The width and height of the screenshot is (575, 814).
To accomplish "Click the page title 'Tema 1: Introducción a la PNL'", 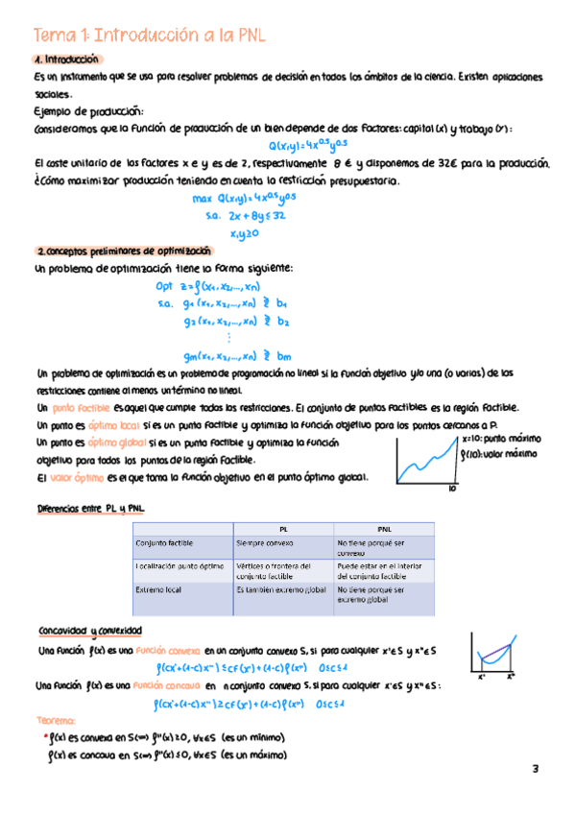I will (149, 36).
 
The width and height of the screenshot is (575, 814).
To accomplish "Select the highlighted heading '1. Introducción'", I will (66, 60).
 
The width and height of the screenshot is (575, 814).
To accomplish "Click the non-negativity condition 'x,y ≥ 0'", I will (246, 233).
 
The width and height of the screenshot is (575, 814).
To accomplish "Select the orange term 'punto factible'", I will (85, 407).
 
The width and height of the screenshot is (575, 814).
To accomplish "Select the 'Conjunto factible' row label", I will (166, 544).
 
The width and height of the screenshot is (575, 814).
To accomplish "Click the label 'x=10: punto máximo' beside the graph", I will (500, 437).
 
